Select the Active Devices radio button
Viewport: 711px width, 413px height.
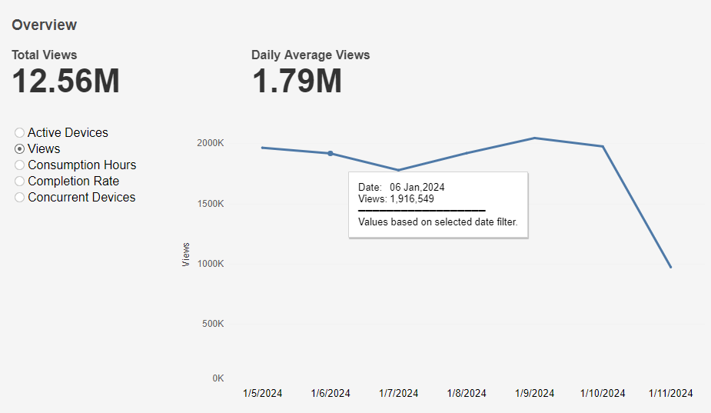(20, 133)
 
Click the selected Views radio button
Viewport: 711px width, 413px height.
(20, 149)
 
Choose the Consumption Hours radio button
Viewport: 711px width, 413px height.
(20, 165)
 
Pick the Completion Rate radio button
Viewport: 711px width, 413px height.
(20, 182)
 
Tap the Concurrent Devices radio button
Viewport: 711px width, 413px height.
(20, 198)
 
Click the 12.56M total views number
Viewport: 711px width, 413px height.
(66, 82)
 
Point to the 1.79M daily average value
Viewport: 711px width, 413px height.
(297, 82)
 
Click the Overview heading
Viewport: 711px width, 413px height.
(45, 25)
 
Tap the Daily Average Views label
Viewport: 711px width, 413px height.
(311, 55)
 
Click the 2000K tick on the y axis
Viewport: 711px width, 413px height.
(209, 143)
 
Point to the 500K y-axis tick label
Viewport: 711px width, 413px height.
(211, 324)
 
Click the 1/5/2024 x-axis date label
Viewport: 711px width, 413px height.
(263, 394)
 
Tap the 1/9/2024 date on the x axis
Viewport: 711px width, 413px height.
(534, 394)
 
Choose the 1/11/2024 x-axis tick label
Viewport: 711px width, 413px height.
(671, 394)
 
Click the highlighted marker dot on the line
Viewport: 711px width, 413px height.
(331, 153)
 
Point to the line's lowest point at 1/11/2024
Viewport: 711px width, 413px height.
(670, 267)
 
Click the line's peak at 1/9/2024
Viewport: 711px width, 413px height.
(534, 138)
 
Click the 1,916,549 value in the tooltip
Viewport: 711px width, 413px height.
(413, 198)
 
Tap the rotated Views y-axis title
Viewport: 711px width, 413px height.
(186, 255)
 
